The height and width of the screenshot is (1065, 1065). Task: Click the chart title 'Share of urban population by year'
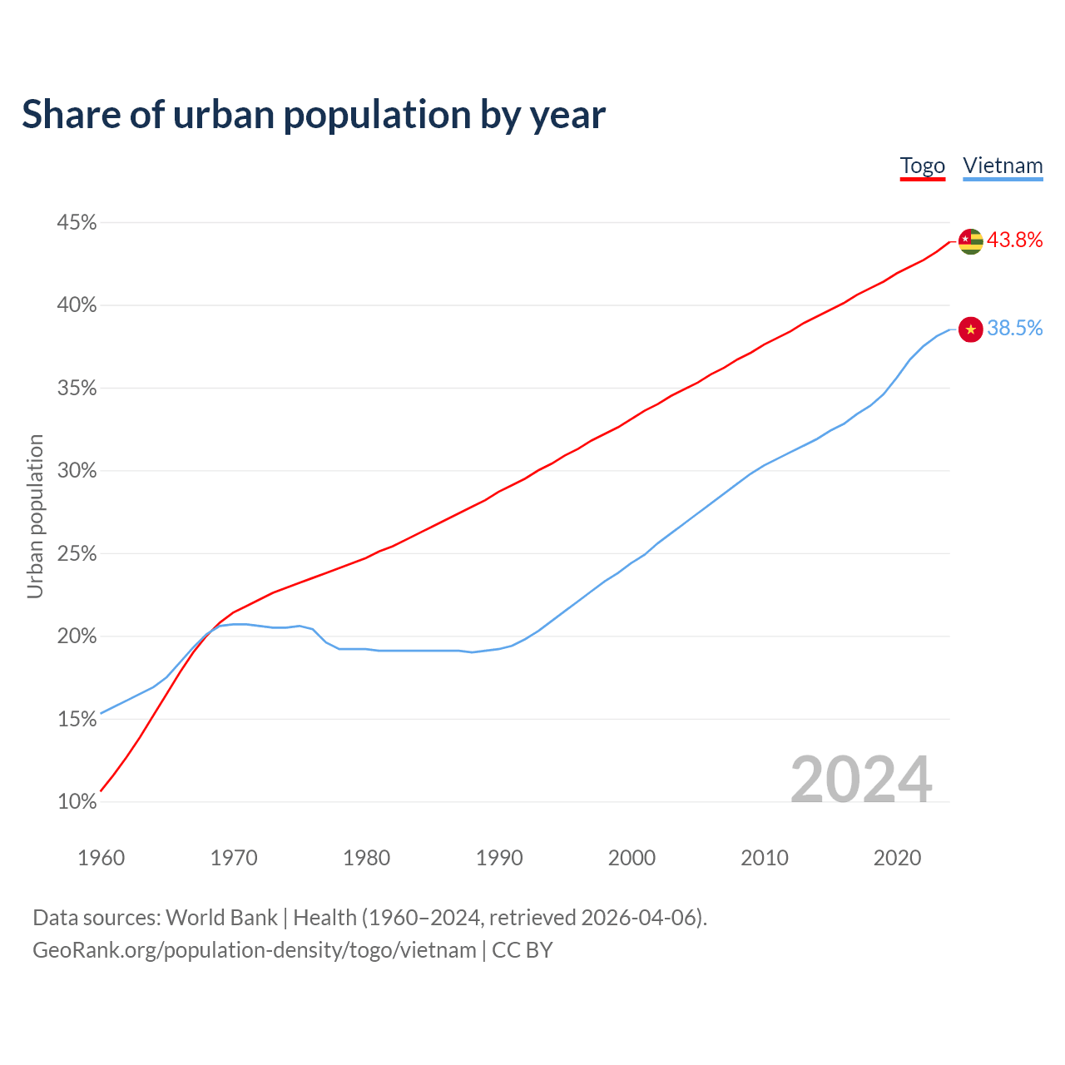pos(313,115)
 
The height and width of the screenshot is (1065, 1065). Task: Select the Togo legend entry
pos(922,166)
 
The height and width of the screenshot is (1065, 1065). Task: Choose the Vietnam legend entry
pos(1003,166)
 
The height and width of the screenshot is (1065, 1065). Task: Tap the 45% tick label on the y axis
pos(77,223)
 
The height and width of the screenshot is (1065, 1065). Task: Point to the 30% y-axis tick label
pos(77,471)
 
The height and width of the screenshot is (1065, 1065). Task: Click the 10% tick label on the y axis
pos(77,802)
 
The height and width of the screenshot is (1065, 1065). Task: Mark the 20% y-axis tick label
pos(77,637)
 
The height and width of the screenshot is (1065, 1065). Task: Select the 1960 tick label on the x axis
pos(101,858)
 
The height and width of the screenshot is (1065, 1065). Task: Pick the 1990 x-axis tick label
pos(499,858)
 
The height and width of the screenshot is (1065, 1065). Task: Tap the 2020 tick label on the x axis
pos(897,858)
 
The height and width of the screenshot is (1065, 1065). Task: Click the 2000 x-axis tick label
pos(632,858)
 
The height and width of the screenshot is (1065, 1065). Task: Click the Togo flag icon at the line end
pos(970,241)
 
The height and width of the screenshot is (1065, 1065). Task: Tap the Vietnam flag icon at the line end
pos(970,329)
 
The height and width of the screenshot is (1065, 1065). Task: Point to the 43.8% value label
pos(1014,240)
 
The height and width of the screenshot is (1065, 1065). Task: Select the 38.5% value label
pos(1014,329)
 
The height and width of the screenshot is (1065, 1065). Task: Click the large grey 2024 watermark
pos(860,780)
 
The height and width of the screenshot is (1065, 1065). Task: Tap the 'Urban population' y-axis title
pos(35,516)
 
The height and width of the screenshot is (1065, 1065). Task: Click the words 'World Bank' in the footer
pos(221,918)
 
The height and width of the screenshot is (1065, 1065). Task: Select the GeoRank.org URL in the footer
pos(254,950)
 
